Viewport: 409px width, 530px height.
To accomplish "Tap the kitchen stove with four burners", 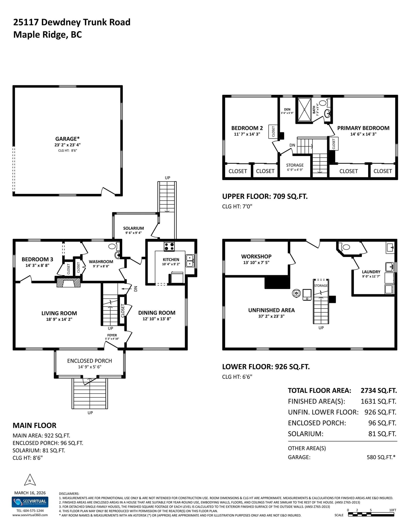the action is coord(169,246).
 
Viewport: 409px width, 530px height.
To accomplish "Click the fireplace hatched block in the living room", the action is coord(68,282).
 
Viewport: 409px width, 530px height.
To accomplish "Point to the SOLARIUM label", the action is coord(133,228).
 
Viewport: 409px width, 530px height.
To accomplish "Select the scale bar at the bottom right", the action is coord(372,515).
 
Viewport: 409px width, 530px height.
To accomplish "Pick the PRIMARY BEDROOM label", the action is coord(363,128).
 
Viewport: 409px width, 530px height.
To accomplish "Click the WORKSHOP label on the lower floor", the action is coord(256,256).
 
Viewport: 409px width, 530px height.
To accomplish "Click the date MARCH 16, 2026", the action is coord(30,493).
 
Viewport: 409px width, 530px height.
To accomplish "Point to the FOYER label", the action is coord(112,335).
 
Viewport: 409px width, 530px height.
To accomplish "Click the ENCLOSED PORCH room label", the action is coord(89,361).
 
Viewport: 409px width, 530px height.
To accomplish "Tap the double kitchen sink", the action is coord(190,261).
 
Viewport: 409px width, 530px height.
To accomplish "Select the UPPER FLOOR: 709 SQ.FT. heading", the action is coord(265,196).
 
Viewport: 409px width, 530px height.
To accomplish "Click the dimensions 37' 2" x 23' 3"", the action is coord(271,316).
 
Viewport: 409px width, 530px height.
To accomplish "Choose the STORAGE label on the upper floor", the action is coord(295,165).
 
